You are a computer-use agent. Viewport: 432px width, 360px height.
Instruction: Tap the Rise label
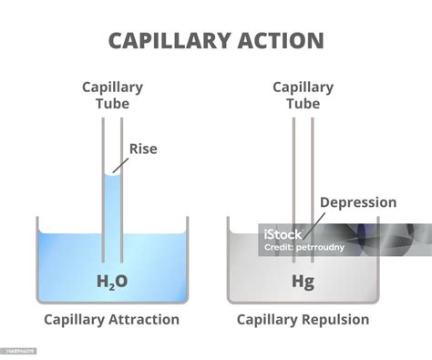click(x=144, y=148)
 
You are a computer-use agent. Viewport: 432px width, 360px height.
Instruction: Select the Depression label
click(x=357, y=202)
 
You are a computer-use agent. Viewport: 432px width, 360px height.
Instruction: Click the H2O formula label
click(x=112, y=281)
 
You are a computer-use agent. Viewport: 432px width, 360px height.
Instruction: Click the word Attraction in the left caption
click(x=139, y=319)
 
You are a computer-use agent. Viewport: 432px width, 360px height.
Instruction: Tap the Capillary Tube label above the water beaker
click(x=112, y=95)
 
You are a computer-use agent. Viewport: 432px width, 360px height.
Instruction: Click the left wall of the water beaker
click(x=37, y=260)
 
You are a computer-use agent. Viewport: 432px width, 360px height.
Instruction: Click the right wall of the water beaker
click(x=187, y=260)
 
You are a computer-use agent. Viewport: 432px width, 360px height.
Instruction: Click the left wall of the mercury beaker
click(x=228, y=260)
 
